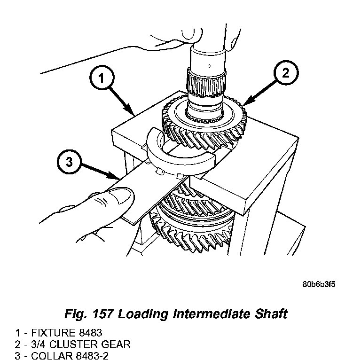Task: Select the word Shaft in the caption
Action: coord(270,314)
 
